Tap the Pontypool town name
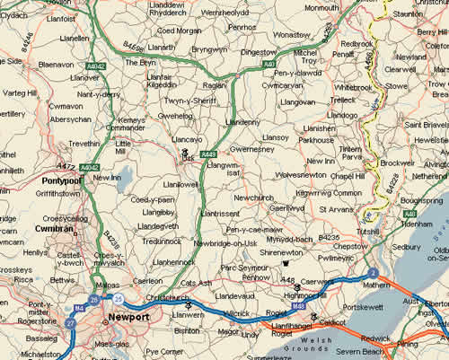click(61, 180)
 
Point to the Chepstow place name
click(349, 245)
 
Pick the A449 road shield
click(208, 154)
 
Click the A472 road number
click(66, 166)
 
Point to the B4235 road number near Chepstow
click(329, 237)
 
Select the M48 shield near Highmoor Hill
click(298, 305)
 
